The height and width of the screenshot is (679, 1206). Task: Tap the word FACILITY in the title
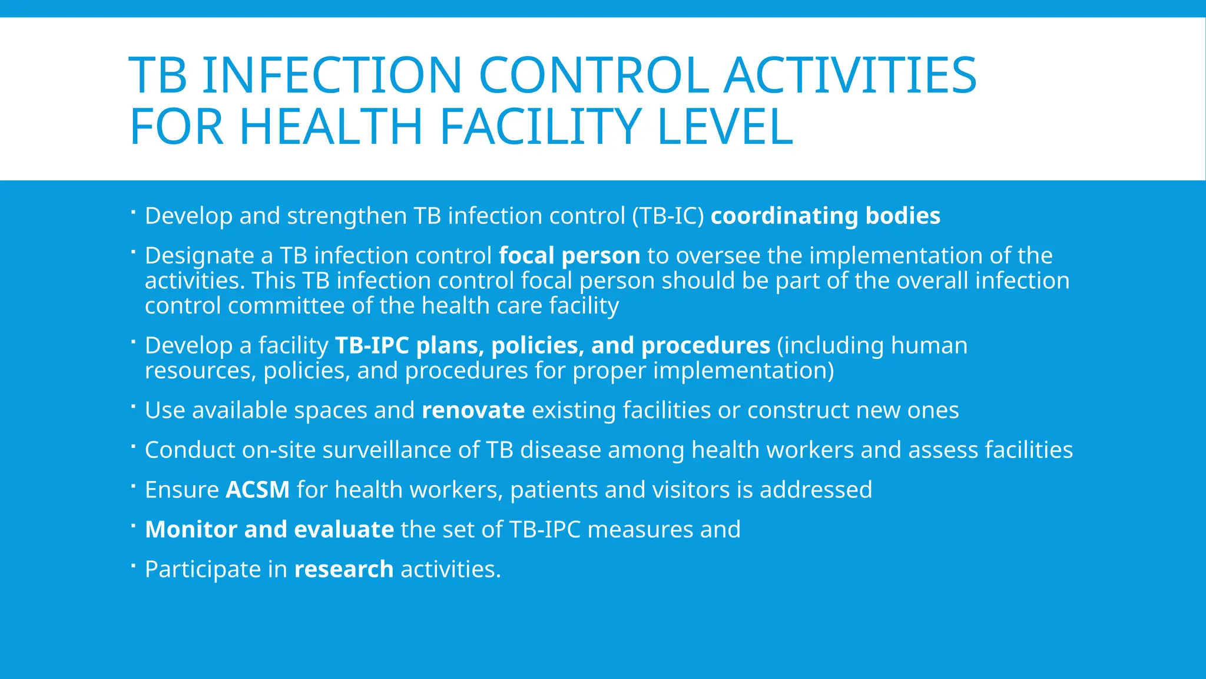pyautogui.click(x=539, y=127)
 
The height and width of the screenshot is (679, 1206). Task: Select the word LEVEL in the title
pyautogui.click(x=725, y=127)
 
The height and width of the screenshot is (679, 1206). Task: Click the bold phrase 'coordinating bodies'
pyautogui.click(x=825, y=216)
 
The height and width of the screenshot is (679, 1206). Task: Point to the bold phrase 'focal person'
pyautogui.click(x=569, y=256)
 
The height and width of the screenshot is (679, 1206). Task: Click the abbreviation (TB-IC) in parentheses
pyautogui.click(x=668, y=216)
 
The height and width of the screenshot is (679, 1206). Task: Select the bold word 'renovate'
pyautogui.click(x=473, y=410)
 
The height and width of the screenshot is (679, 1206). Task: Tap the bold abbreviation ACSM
pyautogui.click(x=258, y=490)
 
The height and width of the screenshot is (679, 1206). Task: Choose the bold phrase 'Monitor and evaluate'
pyautogui.click(x=269, y=529)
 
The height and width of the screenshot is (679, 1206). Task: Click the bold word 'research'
pyautogui.click(x=344, y=569)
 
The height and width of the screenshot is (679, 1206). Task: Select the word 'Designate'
pyautogui.click(x=200, y=256)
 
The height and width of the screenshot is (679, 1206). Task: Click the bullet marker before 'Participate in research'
pyautogui.click(x=134, y=565)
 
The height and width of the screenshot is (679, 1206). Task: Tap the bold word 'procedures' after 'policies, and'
pyautogui.click(x=705, y=346)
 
